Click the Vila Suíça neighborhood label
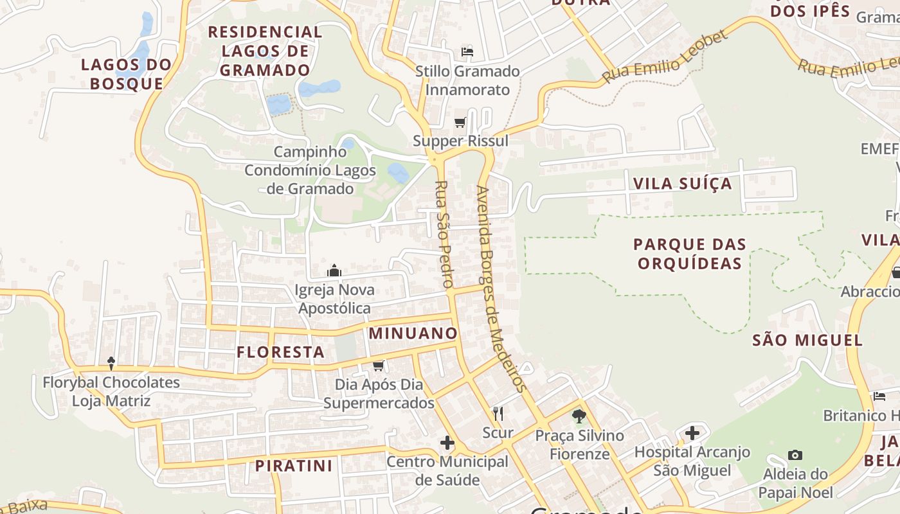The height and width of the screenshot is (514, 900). [x=682, y=184]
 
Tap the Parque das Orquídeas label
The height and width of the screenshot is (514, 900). [x=689, y=254]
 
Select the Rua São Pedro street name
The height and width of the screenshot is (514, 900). [x=444, y=234]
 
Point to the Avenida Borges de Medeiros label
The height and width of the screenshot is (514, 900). [x=501, y=288]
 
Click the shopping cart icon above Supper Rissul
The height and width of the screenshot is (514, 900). [x=460, y=122]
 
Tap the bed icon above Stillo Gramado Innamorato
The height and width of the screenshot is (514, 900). [x=467, y=52]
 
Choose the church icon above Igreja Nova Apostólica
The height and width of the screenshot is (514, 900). [x=334, y=270]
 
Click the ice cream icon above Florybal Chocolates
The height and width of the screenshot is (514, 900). [x=111, y=363]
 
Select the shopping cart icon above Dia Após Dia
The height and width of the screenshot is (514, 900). [x=378, y=366]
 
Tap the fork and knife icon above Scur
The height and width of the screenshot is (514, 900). [x=498, y=413]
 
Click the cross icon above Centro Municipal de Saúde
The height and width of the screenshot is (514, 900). [x=447, y=443]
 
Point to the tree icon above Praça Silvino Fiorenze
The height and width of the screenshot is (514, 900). [x=579, y=416]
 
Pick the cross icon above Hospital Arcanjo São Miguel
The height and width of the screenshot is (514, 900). [x=692, y=433]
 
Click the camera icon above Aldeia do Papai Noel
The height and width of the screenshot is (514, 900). [x=795, y=456]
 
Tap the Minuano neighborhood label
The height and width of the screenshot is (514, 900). [x=413, y=333]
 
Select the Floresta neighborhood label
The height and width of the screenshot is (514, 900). [x=280, y=352]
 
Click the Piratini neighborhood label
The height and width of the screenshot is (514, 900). [x=293, y=466]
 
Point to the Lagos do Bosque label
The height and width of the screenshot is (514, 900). [x=127, y=74]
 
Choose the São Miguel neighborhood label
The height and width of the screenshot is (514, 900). [x=807, y=340]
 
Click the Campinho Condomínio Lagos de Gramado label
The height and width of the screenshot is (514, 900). [x=310, y=170]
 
